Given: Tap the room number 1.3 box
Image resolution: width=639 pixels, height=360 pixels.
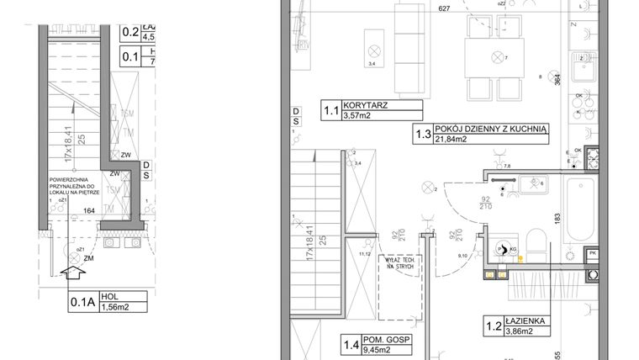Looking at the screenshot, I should coord(422,134).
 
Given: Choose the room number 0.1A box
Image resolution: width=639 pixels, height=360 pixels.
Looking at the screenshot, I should coord(81,300).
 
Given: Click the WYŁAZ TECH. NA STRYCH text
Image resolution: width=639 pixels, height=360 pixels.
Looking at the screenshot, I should coord(399,263).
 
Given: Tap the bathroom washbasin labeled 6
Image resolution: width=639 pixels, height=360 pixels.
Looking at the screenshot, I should coord(531,183).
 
